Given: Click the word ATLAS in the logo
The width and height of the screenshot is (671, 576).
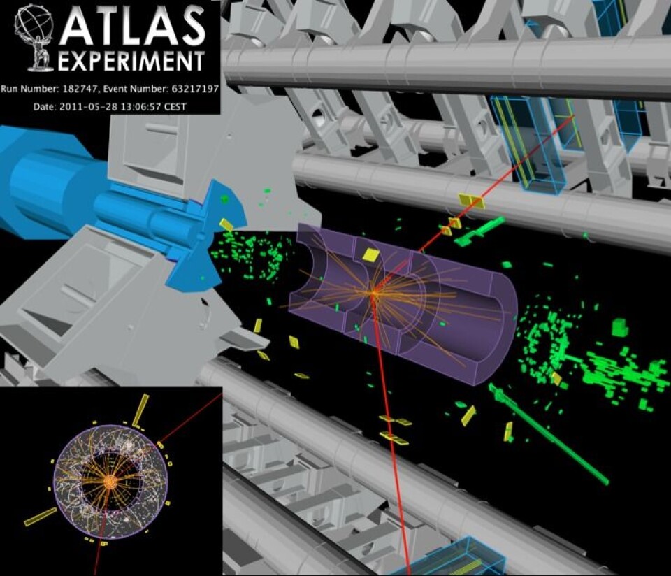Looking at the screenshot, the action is (x=132, y=26).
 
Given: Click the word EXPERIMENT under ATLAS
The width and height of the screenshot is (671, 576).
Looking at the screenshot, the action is (x=131, y=62).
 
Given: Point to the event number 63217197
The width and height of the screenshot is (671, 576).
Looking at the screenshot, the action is (x=195, y=89).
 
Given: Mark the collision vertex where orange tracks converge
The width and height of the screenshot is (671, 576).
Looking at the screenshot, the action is (x=373, y=294).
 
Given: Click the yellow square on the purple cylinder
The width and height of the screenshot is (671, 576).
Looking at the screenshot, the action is (x=370, y=254).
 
